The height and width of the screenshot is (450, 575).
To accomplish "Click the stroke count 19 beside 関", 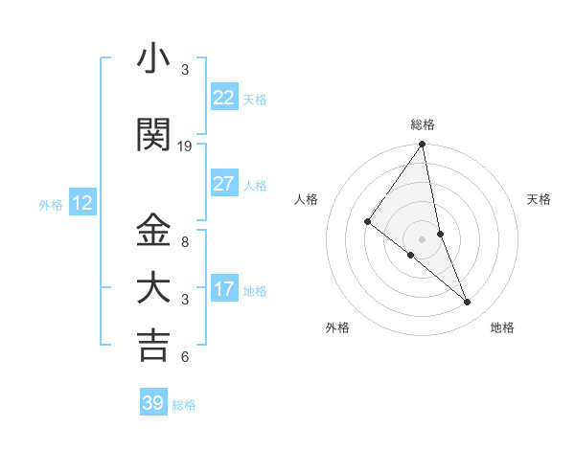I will pos(185,146).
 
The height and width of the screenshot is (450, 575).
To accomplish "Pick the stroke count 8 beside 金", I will pos(185,242).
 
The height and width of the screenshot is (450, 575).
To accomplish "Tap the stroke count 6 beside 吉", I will pos(185,357).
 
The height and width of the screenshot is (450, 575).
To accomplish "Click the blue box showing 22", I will pos(223,98).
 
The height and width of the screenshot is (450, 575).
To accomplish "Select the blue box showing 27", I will pos(223,184).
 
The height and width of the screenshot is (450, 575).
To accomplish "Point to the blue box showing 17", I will pos(223,289).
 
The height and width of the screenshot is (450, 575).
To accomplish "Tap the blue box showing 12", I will pos(82,203).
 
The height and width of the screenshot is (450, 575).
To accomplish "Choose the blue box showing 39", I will pos(152,403).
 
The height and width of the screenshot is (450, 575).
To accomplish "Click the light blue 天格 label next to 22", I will pos(255,100).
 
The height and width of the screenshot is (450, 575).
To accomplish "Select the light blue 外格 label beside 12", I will pos(51,204).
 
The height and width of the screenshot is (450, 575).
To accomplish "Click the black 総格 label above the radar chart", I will pos(423,124).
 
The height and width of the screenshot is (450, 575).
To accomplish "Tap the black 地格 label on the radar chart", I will pos(502,327).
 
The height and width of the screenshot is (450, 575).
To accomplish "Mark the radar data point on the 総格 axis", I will pos(422,145).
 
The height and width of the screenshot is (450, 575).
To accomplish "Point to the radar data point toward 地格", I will pos(468,303).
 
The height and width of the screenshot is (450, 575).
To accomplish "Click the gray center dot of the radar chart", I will pos(422,238).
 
